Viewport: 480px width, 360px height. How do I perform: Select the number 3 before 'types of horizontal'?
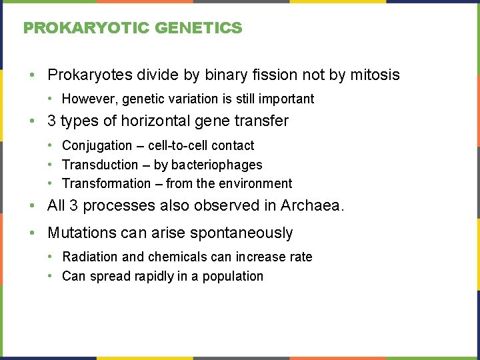point(51,121)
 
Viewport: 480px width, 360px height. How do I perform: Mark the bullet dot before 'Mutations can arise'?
point(33,233)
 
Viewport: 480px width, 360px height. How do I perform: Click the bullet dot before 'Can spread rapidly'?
point(51,276)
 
